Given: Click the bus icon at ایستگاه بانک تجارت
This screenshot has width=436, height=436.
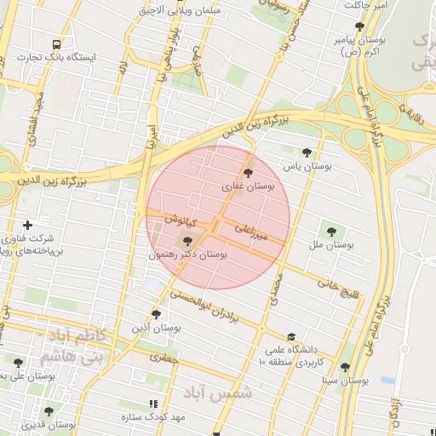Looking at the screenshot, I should pyautogui.click(x=57, y=43).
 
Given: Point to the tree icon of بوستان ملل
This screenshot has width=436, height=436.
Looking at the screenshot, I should pyautogui.click(x=330, y=230).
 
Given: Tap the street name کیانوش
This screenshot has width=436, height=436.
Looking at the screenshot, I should pyautogui.click(x=181, y=221).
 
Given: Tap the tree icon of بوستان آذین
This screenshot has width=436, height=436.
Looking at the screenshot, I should pyautogui.click(x=156, y=314).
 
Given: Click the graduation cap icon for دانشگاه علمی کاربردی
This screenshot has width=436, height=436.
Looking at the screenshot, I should pyautogui.click(x=292, y=337).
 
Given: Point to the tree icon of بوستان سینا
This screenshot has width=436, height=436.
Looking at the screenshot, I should pyautogui.click(x=345, y=368).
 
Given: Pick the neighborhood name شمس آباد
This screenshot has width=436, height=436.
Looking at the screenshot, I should pyautogui.click(x=219, y=393).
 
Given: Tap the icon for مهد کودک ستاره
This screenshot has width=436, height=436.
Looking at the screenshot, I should pyautogui.click(x=153, y=404).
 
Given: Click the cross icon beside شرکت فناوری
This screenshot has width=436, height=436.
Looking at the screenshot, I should pyautogui.click(x=28, y=225).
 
